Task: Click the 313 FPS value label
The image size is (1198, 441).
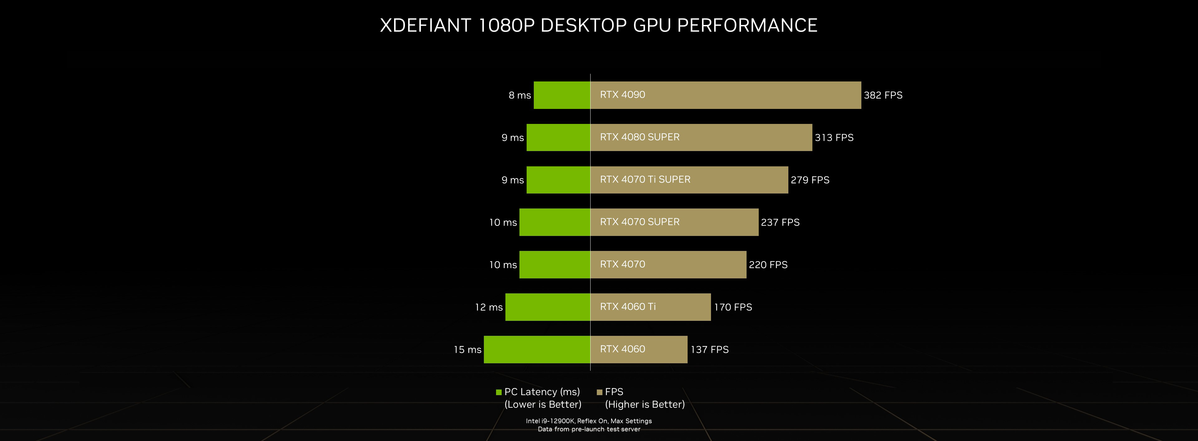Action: coord(834,138)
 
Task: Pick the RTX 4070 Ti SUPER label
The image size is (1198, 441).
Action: coord(645,179)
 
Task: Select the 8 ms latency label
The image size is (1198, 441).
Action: coord(519,96)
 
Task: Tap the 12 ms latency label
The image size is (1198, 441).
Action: coord(489,307)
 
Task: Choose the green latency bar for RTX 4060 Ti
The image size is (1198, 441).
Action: coord(548,307)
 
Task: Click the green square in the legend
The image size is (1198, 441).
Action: coord(499,392)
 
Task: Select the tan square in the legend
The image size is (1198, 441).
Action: coord(599,392)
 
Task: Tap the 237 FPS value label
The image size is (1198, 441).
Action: coord(780,222)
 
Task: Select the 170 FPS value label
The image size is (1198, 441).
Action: coord(733,307)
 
